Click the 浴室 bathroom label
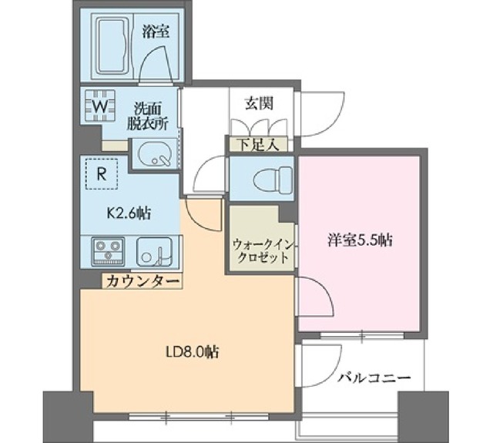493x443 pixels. coord(156,32)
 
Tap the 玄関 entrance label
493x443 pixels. coord(257,102)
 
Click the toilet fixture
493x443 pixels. coord(265,179)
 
